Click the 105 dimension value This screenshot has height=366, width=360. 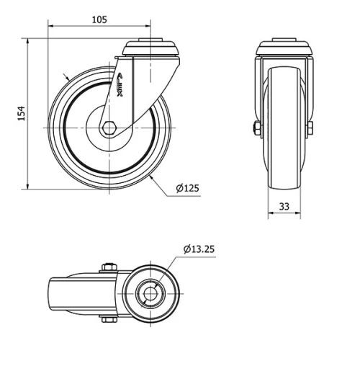(100, 19)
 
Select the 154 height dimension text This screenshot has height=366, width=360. (22, 114)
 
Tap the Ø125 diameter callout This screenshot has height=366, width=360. (186, 189)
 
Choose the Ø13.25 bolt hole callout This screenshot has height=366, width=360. (198, 249)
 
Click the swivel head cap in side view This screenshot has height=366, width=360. (149, 48)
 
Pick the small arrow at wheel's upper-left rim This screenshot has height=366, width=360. (67, 77)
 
